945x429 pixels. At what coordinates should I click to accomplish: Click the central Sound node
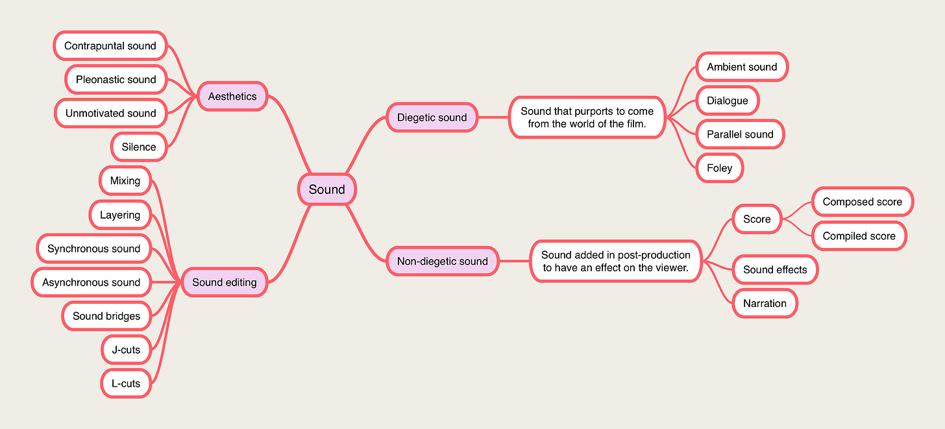click(x=326, y=190)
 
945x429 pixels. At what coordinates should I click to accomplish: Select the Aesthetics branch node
click(x=232, y=96)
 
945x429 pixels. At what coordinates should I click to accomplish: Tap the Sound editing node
click(x=225, y=282)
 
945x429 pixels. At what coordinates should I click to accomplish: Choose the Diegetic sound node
click(x=432, y=117)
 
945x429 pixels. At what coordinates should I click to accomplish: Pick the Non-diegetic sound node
click(x=442, y=261)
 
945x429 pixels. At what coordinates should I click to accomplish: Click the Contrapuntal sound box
click(x=110, y=45)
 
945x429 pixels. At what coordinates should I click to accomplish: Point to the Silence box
click(x=139, y=147)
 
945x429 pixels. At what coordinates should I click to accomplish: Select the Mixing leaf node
click(x=125, y=180)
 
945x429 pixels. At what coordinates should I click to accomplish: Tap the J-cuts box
click(x=126, y=349)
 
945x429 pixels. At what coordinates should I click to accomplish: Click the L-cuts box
click(x=126, y=383)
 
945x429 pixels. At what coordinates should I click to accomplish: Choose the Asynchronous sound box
click(x=91, y=282)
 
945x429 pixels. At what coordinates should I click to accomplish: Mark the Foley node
click(x=719, y=167)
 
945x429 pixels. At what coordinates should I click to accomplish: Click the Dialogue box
click(x=727, y=101)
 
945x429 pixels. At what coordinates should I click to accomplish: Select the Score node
click(x=757, y=219)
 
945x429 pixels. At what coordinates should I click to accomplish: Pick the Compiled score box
click(x=859, y=236)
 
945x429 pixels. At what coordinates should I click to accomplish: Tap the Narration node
click(x=765, y=303)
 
